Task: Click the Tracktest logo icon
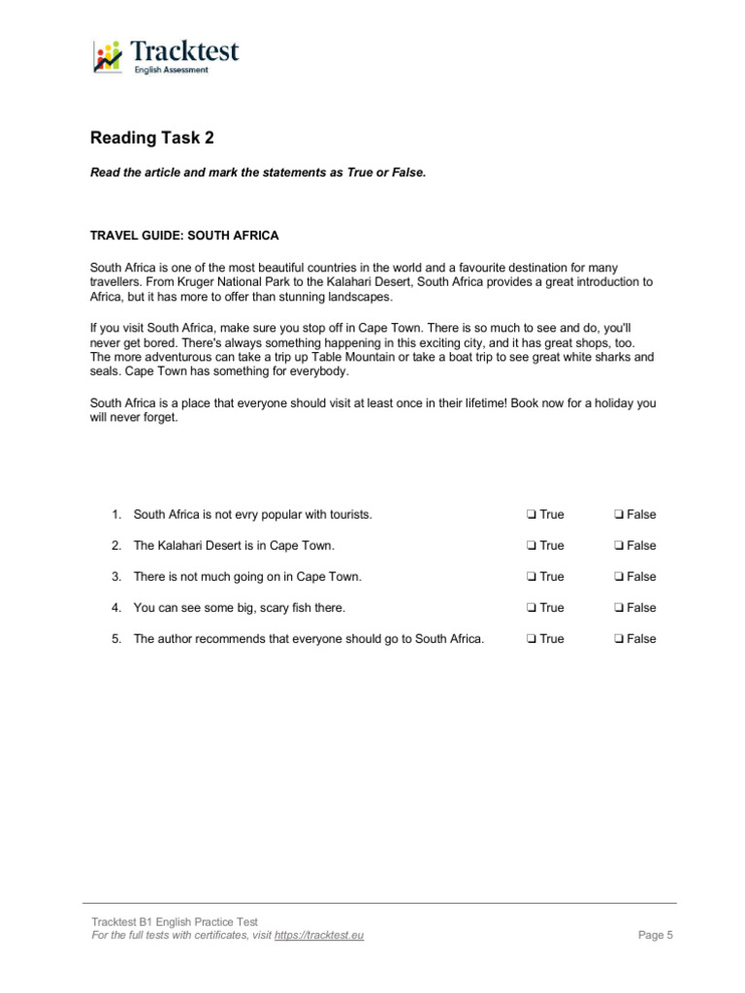(108, 57)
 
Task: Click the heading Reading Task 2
(151, 138)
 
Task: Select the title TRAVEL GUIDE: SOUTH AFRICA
(184, 236)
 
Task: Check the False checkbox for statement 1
(619, 515)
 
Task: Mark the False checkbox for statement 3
(619, 577)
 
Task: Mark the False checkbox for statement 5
(619, 639)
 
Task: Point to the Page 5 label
(655, 935)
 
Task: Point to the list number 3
(115, 577)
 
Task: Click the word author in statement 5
(176, 639)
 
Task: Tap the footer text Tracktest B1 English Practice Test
(175, 921)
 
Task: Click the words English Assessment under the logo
(171, 70)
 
